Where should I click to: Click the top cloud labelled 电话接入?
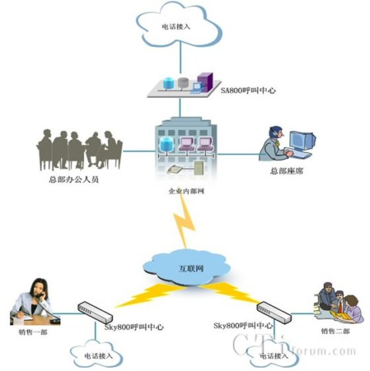click(x=181, y=25)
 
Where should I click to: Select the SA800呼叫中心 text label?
click(x=247, y=90)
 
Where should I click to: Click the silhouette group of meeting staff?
click(x=79, y=147)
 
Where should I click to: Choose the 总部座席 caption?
click(x=288, y=171)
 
